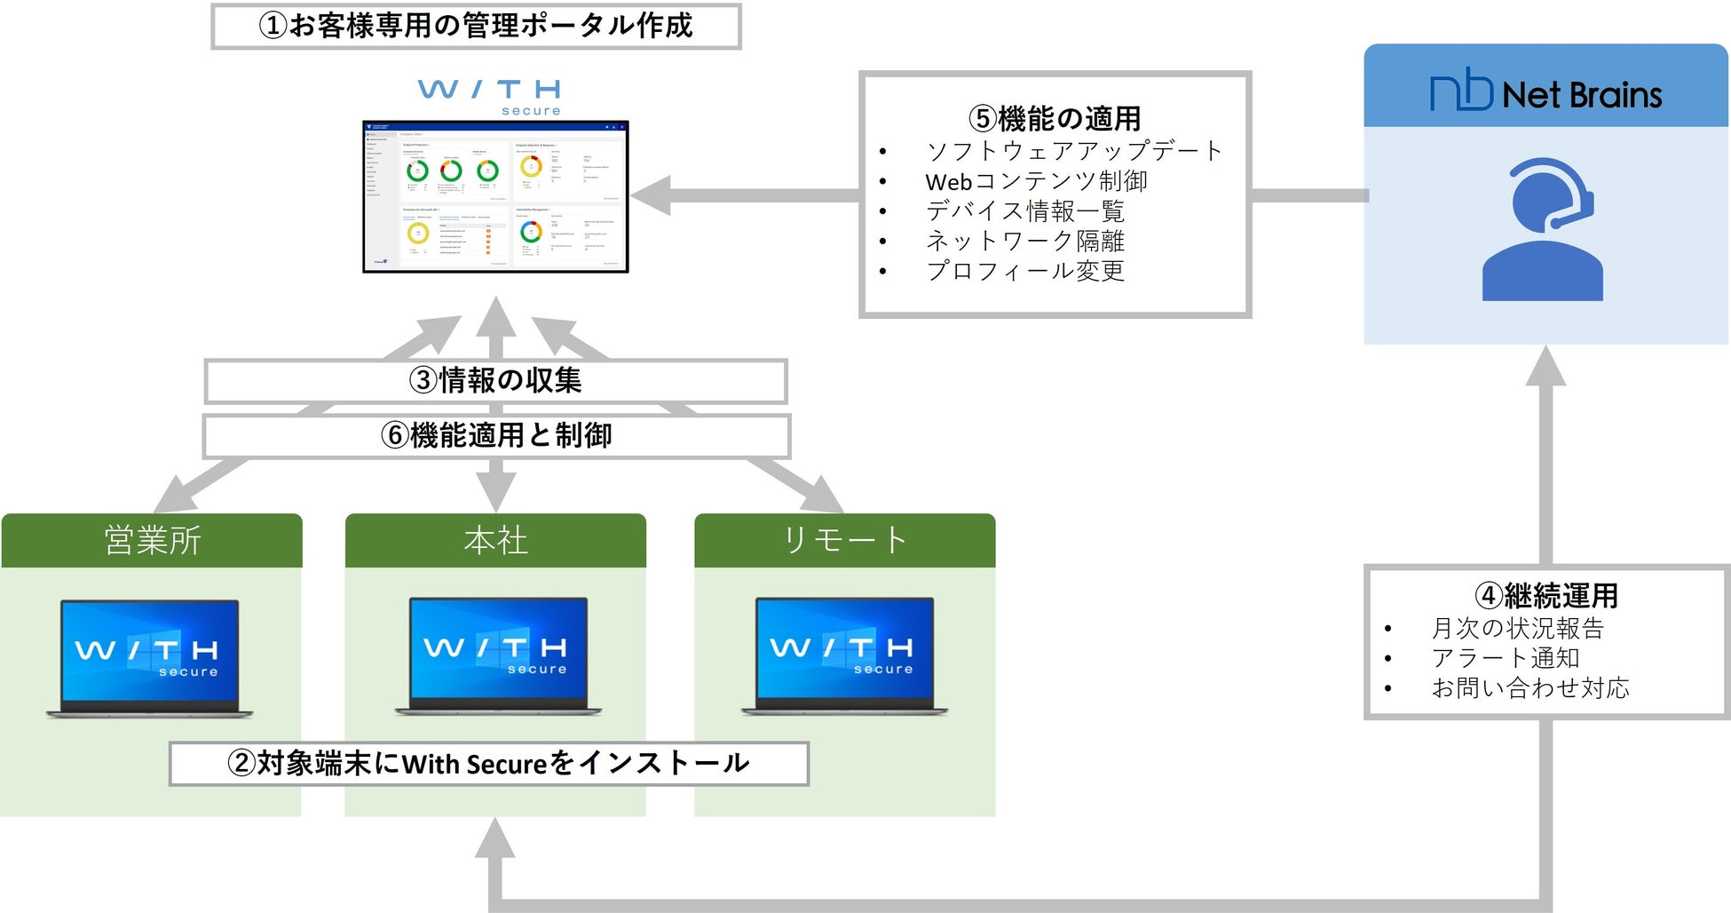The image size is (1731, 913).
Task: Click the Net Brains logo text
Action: pyautogui.click(x=1545, y=92)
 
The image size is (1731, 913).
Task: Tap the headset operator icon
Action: pyautogui.click(x=1544, y=229)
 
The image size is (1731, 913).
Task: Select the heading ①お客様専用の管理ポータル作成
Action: pyautogui.click(x=476, y=26)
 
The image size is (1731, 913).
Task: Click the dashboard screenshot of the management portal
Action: pyautogui.click(x=495, y=196)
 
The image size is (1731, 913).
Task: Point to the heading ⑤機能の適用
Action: pyautogui.click(x=1055, y=118)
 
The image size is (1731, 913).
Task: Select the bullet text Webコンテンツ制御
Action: pyautogui.click(x=1036, y=181)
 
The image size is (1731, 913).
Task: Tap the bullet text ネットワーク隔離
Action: pyautogui.click(x=1025, y=241)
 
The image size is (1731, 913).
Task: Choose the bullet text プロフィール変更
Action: pyautogui.click(x=1025, y=271)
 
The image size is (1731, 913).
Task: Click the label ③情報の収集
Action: pyautogui.click(x=495, y=381)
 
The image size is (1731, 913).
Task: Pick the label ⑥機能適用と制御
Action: pyautogui.click(x=496, y=435)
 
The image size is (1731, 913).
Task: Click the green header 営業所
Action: pyautogui.click(x=152, y=540)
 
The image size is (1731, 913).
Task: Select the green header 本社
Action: pyautogui.click(x=495, y=540)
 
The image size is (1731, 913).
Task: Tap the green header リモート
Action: pyautogui.click(x=844, y=540)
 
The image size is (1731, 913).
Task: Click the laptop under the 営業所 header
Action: pyautogui.click(x=150, y=658)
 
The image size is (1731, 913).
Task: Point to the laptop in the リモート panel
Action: pyautogui.click(x=844, y=656)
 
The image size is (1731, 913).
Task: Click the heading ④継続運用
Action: pyautogui.click(x=1545, y=595)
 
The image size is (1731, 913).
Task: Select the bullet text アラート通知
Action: pyautogui.click(x=1506, y=658)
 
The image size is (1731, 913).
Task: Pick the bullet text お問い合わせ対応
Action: pyautogui.click(x=1530, y=688)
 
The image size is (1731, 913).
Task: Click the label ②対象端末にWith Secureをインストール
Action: pyautogui.click(x=488, y=764)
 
